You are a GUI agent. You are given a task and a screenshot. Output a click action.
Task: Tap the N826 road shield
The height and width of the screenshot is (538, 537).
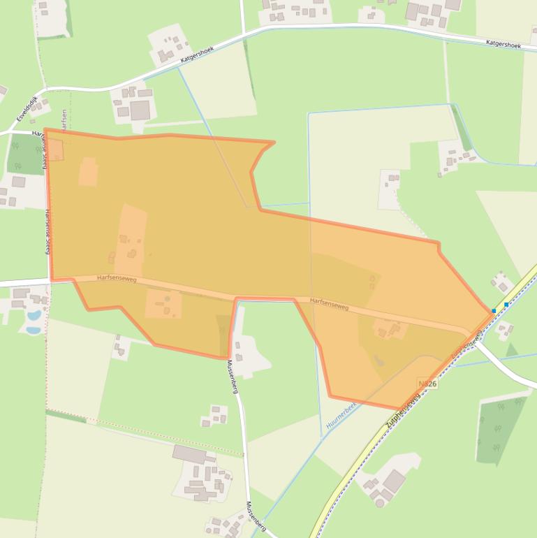pos(427,384)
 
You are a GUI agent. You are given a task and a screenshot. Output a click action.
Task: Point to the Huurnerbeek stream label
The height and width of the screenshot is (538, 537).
pos(341,416)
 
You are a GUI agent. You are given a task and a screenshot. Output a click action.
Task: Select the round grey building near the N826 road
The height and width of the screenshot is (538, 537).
pos(380,501)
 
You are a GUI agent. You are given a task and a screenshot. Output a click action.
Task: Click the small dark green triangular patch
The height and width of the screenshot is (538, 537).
pos(512,349)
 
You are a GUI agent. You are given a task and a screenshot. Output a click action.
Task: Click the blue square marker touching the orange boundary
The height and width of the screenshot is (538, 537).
pos(494,310)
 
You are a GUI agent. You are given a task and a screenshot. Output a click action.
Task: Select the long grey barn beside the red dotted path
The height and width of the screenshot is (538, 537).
pos(189,454)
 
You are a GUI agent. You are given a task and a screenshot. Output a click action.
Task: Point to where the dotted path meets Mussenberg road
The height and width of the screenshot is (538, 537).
pos(244,456)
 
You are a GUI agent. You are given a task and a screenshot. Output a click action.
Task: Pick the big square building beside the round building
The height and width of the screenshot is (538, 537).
pos(394,481)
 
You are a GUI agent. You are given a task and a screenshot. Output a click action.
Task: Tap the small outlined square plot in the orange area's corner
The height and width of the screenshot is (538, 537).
pos(55,150)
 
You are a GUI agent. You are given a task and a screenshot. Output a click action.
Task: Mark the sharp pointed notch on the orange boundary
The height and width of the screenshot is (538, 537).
pos(272,143)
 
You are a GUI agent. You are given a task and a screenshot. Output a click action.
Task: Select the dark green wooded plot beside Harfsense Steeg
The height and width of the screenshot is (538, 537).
pos(26,154)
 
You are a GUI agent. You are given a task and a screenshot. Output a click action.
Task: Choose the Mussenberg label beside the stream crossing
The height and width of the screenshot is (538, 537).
pos(256,517)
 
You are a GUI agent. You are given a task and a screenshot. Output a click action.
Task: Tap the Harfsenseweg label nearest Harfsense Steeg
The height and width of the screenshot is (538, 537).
pos(117,279)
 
